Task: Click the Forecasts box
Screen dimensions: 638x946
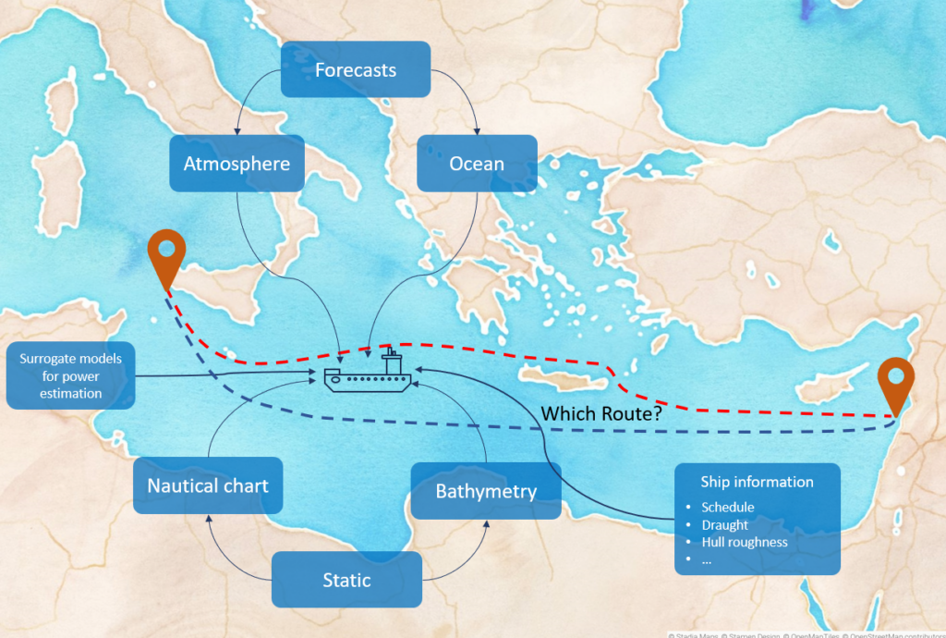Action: click(356, 69)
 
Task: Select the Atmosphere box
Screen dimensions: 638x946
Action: click(236, 164)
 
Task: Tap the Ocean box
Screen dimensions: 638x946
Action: click(477, 164)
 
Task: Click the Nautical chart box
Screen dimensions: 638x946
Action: click(208, 485)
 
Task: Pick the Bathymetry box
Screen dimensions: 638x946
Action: click(486, 490)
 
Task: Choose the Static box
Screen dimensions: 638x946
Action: click(346, 580)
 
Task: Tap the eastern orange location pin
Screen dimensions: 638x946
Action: click(895, 383)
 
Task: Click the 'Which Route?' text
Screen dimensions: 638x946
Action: click(600, 414)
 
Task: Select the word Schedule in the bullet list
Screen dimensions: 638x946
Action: click(728, 508)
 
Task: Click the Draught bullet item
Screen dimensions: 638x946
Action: click(725, 525)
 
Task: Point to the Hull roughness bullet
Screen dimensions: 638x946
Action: click(745, 543)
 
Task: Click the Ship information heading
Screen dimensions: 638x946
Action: click(757, 482)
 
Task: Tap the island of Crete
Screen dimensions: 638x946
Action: click(563, 375)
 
